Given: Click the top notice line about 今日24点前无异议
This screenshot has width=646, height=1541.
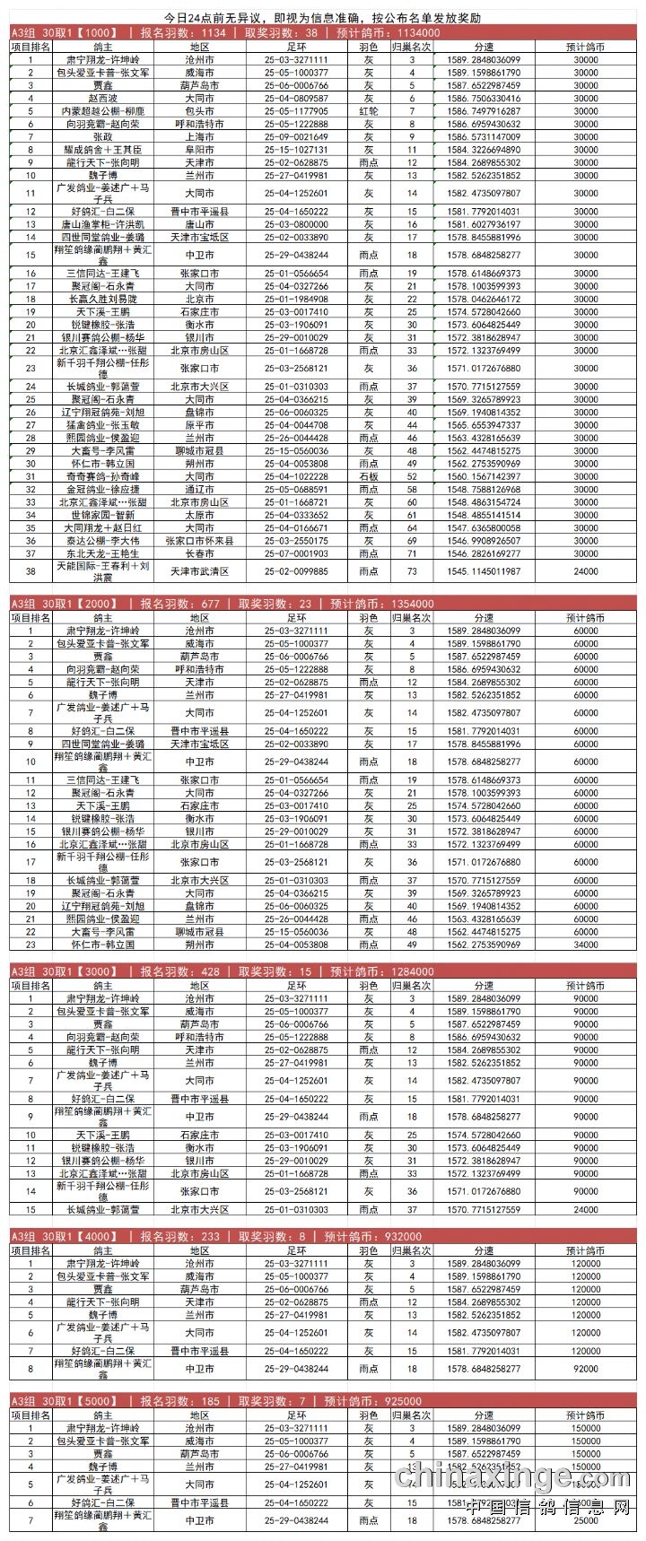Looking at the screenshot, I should click(323, 18).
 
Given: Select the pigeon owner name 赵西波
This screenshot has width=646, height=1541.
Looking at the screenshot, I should click(102, 99).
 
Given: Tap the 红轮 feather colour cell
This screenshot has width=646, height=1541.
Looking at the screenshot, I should click(368, 111).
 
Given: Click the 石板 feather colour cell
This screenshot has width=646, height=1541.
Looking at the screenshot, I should click(368, 477).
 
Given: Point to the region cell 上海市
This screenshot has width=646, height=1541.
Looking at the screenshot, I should click(199, 137).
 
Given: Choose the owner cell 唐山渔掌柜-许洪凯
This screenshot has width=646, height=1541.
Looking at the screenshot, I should click(102, 224).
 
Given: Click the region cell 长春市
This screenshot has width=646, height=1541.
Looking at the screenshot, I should click(199, 554).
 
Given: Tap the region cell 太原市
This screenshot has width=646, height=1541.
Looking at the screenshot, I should click(199, 516).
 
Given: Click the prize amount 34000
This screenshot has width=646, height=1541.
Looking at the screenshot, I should click(585, 945).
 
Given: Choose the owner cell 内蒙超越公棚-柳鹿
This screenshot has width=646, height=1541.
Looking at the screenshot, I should click(102, 111).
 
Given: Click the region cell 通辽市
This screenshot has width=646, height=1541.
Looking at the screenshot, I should click(199, 490).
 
